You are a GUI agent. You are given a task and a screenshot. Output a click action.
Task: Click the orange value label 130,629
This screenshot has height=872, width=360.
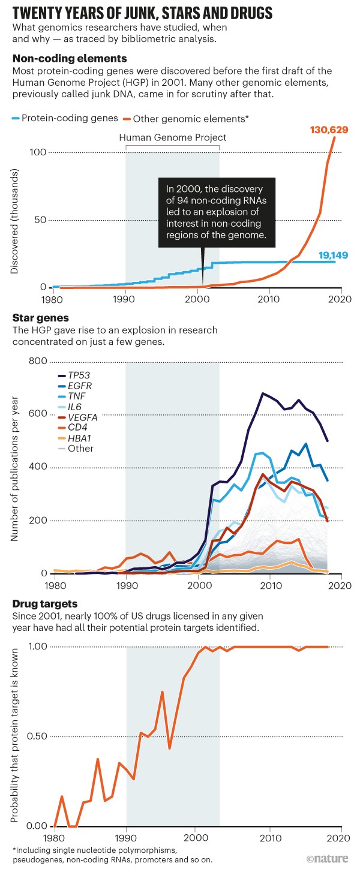329,130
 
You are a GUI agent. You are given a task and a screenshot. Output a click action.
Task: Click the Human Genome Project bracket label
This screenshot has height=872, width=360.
173,137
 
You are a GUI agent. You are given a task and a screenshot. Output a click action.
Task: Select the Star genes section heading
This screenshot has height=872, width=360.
40,317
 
